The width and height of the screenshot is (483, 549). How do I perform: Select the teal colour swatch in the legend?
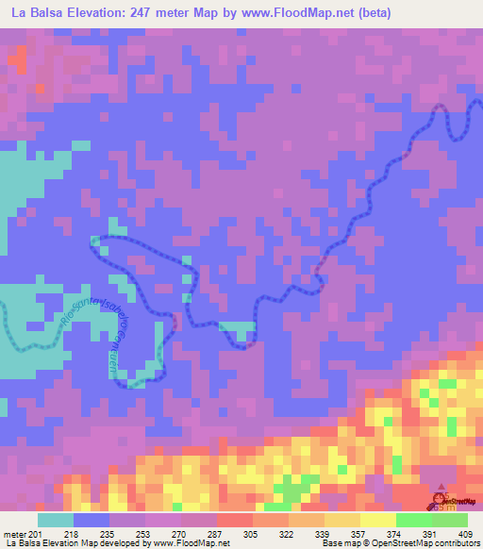coord(55,521)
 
